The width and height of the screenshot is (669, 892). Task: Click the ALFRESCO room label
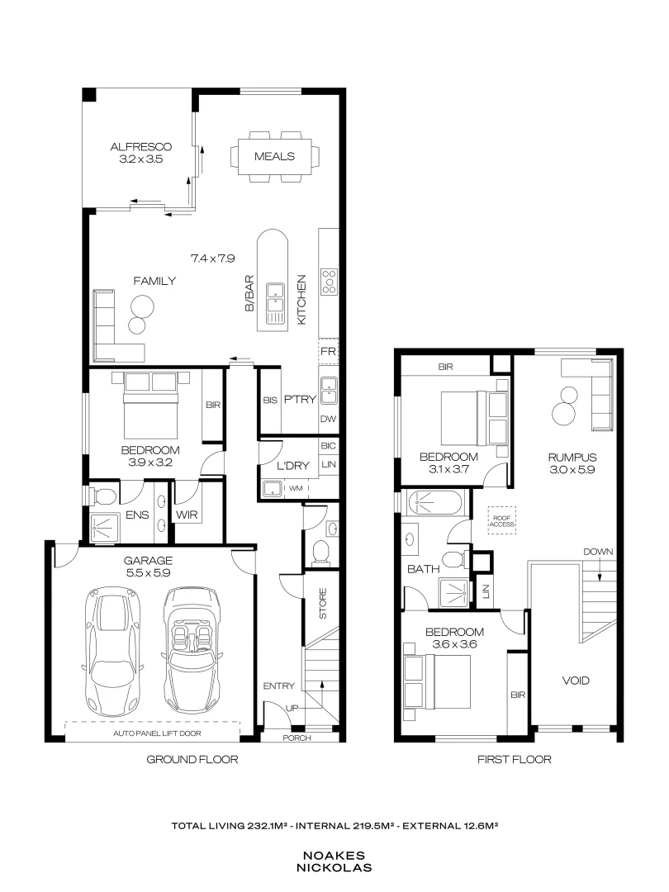pos(140,147)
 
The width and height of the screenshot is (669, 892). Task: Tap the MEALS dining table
pos(274,155)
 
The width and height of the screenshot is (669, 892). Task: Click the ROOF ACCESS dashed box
pos(501,519)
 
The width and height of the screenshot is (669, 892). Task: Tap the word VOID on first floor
pos(576,681)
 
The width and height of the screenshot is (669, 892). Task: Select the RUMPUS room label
pos(565,457)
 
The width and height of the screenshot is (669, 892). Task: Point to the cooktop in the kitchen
pos(329,281)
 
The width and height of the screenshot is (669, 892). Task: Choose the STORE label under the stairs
pos(322,603)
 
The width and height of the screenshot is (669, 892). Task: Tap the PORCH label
pos(297,738)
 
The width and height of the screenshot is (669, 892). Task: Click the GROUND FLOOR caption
pos(192,759)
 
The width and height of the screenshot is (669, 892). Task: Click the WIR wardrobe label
pos(184,515)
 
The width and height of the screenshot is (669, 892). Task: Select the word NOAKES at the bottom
pos(334,856)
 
